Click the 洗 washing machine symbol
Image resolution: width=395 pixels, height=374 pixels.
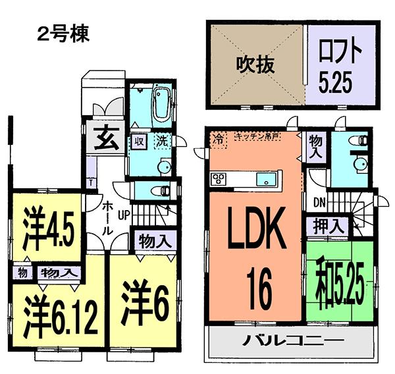[162, 140]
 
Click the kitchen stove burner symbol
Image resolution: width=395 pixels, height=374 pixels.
[219, 178]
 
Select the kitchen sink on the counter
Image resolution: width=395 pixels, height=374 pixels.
[267, 178]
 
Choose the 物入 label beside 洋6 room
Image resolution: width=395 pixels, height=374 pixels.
[155, 240]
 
